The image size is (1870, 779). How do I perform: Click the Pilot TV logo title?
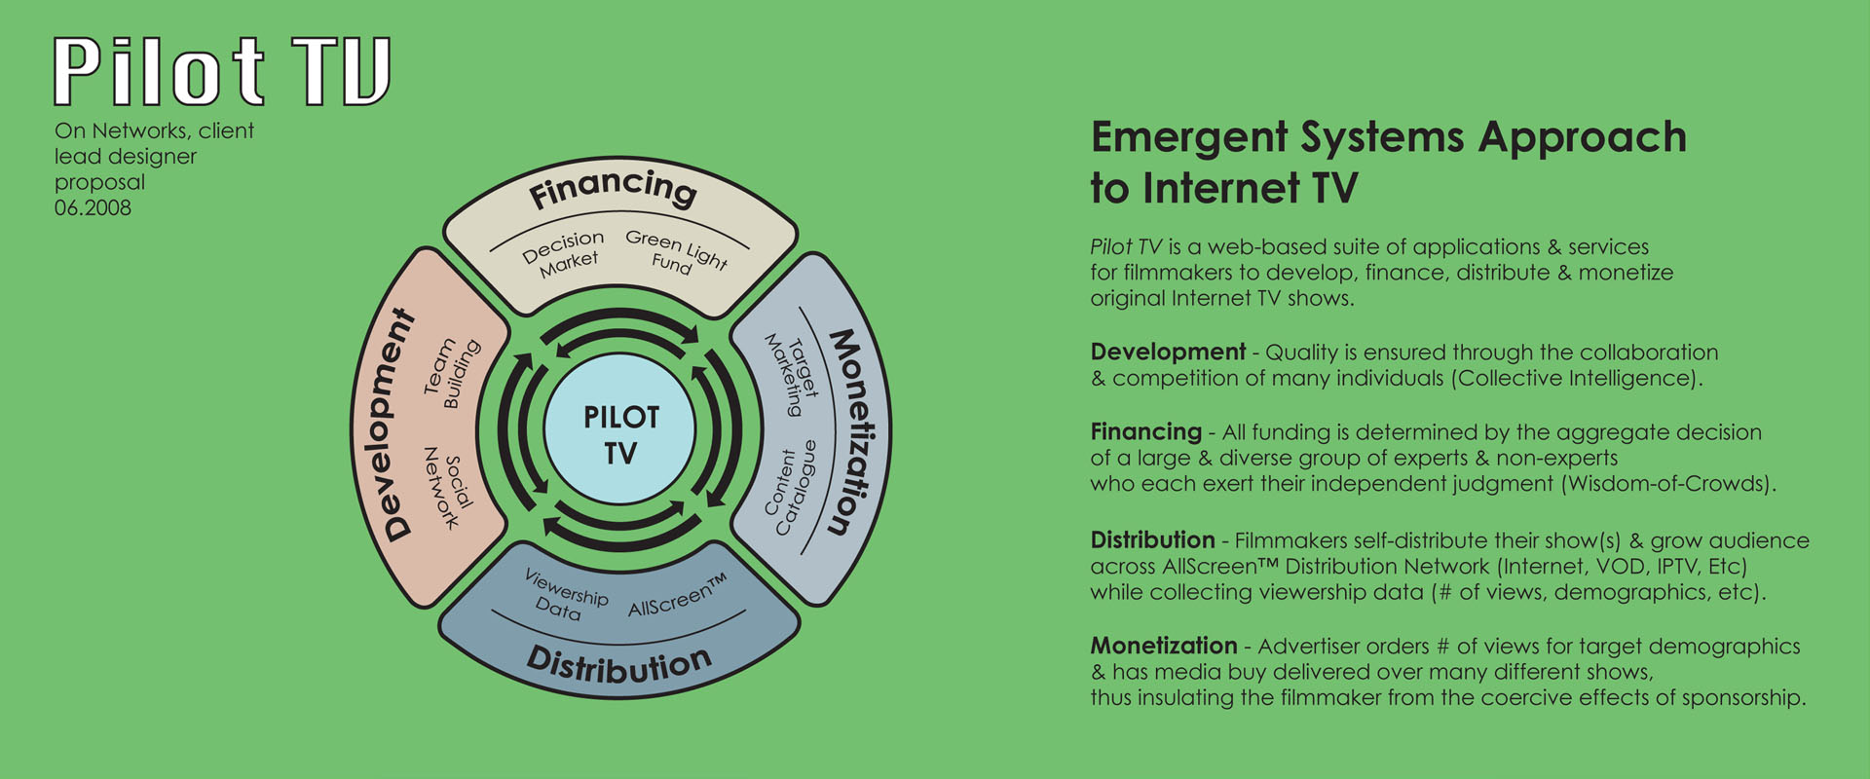point(222,71)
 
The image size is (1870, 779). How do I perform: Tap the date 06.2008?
point(93,207)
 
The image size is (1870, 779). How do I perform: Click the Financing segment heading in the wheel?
point(613,187)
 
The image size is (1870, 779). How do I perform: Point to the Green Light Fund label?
point(676,252)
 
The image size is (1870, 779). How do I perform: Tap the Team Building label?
point(451,372)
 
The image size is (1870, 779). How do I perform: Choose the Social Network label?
point(448,487)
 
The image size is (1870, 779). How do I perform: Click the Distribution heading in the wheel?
point(619,664)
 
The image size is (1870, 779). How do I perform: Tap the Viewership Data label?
point(564,595)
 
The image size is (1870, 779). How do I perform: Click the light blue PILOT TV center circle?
point(620,433)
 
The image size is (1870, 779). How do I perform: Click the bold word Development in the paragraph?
point(1168,352)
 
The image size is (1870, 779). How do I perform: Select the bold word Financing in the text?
point(1146,432)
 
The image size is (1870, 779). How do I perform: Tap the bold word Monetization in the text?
point(1164,646)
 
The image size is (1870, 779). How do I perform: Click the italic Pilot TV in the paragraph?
point(1126,247)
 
